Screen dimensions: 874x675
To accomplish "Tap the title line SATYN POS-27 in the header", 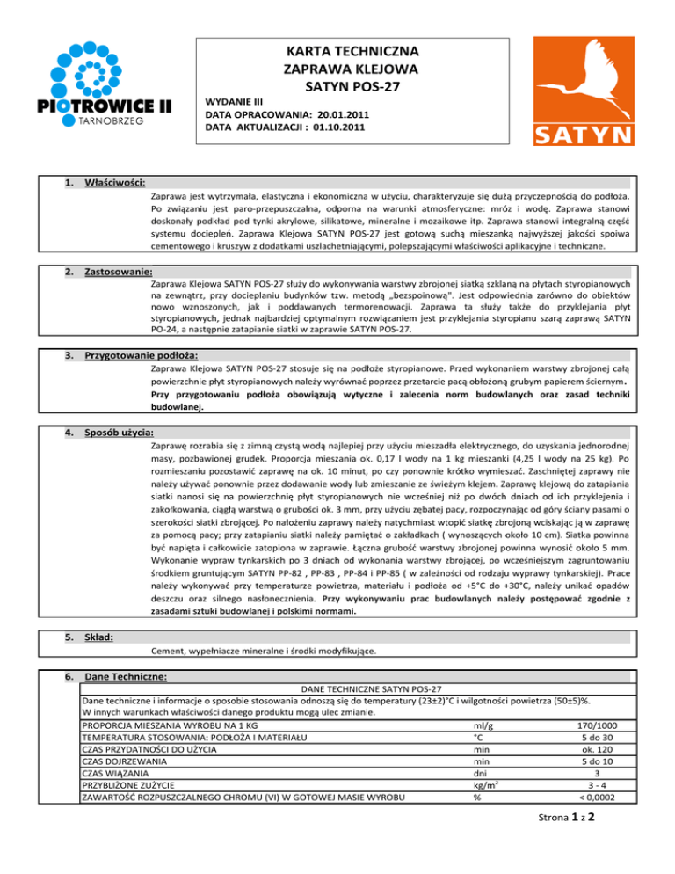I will point(351,86).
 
